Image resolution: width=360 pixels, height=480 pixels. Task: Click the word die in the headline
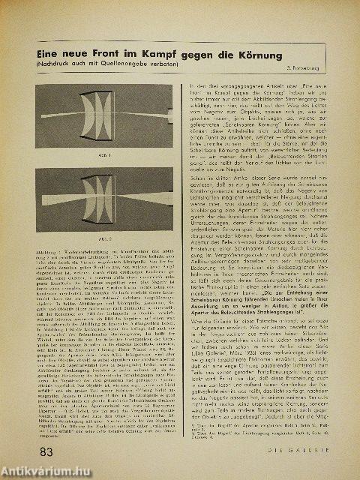(241, 55)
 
